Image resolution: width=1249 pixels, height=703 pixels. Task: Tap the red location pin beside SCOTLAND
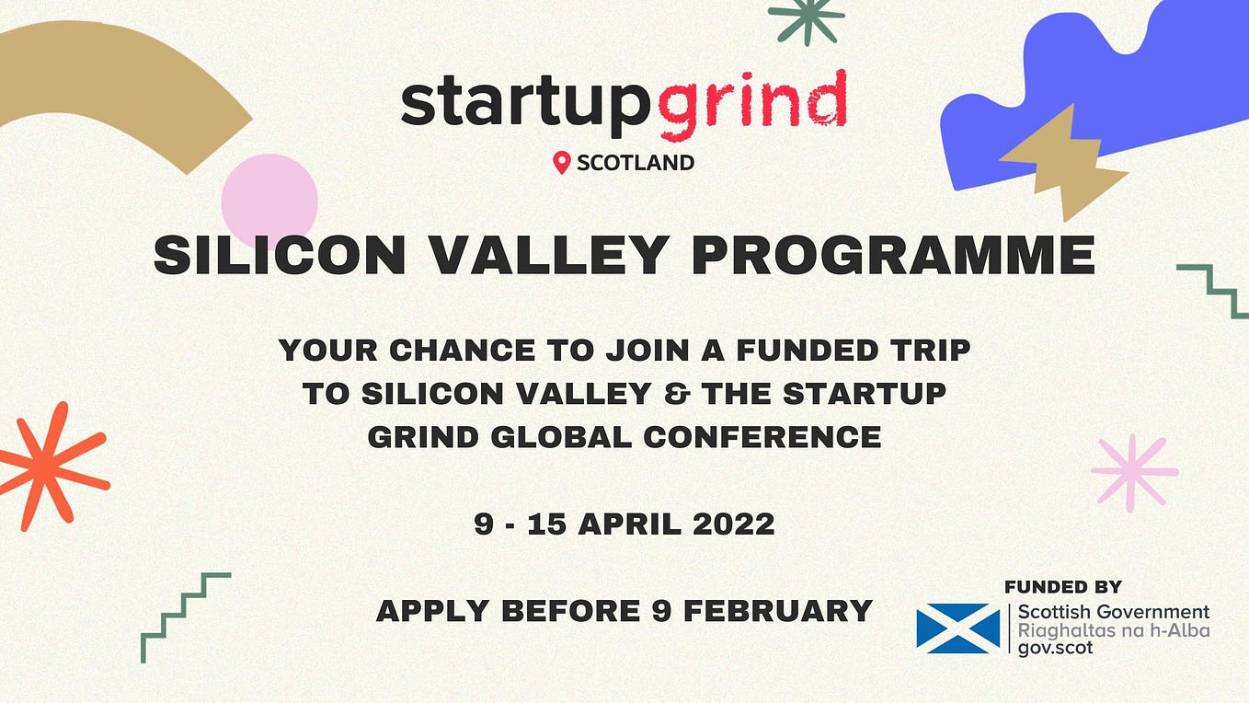click(561, 163)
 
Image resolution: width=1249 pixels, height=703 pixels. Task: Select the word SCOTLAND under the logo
click(635, 164)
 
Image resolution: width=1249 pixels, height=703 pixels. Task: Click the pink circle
click(269, 201)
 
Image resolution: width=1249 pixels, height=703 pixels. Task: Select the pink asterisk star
click(1134, 472)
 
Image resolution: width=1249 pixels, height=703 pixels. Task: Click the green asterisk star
click(807, 18)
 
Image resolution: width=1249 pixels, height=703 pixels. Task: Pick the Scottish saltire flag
click(957, 628)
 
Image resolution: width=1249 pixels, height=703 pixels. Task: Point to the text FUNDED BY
click(1062, 587)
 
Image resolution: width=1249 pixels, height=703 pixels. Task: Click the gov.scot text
click(1055, 648)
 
